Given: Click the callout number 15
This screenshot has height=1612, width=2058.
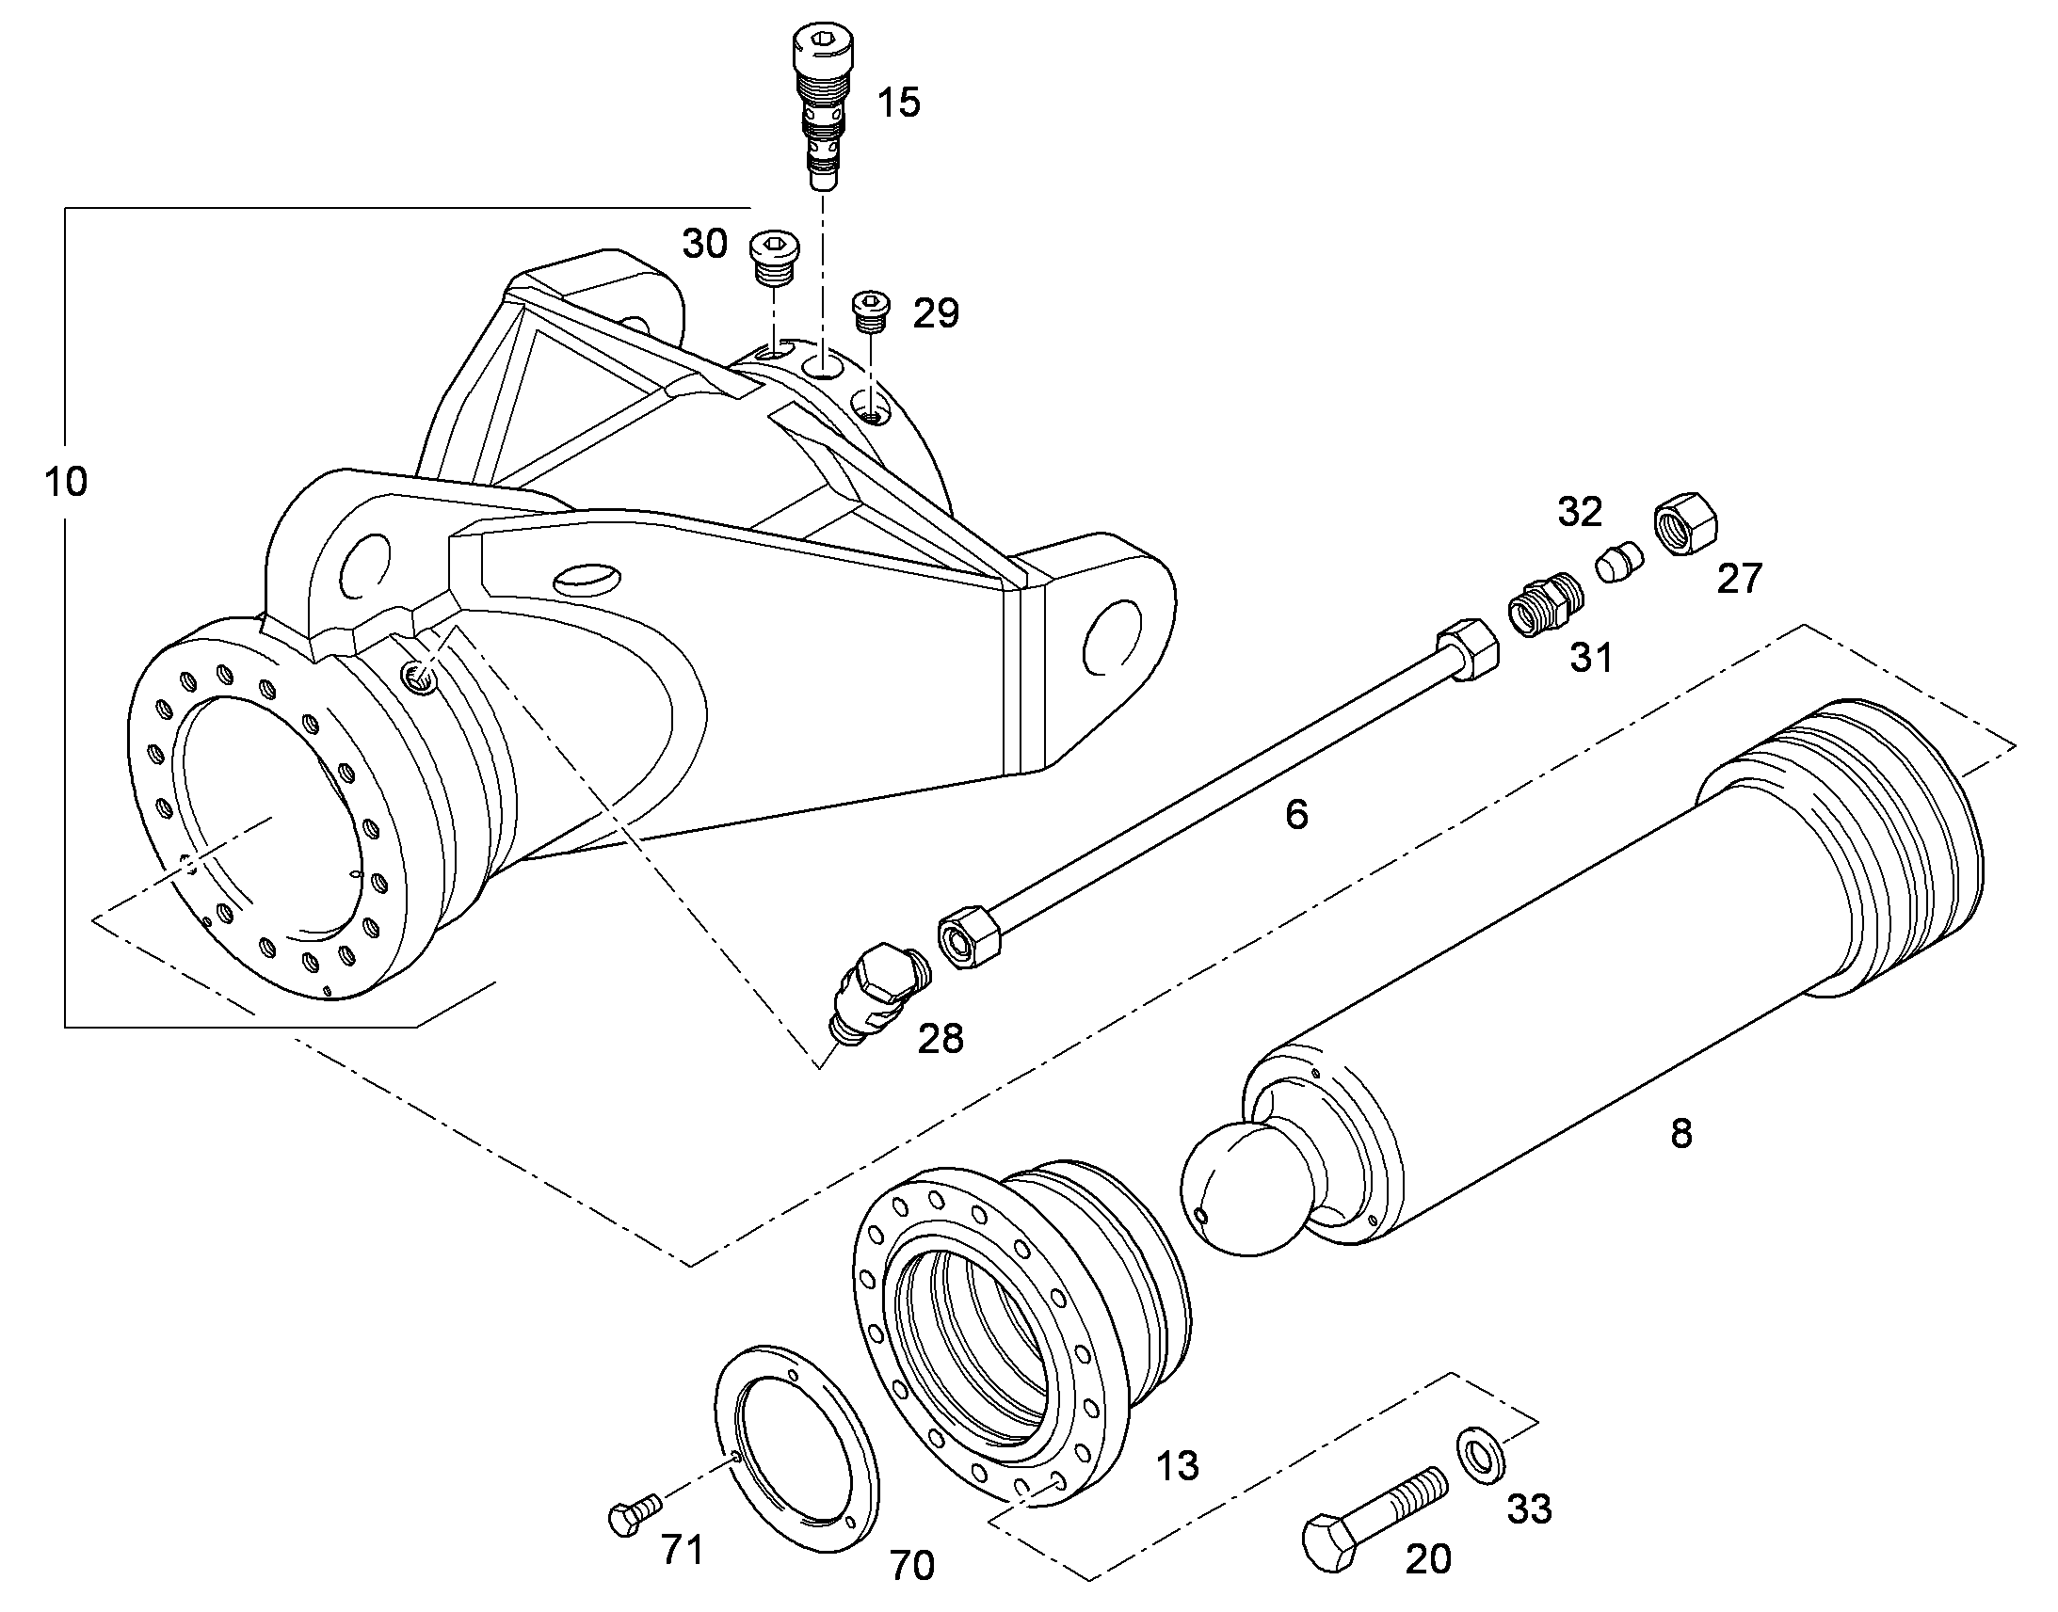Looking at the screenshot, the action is point(898,102).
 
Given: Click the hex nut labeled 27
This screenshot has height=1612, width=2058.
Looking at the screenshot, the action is point(1686,523).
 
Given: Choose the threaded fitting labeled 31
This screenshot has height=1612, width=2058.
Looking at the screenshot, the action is point(1548,602).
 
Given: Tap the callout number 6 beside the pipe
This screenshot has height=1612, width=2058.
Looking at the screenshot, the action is point(1296,814).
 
